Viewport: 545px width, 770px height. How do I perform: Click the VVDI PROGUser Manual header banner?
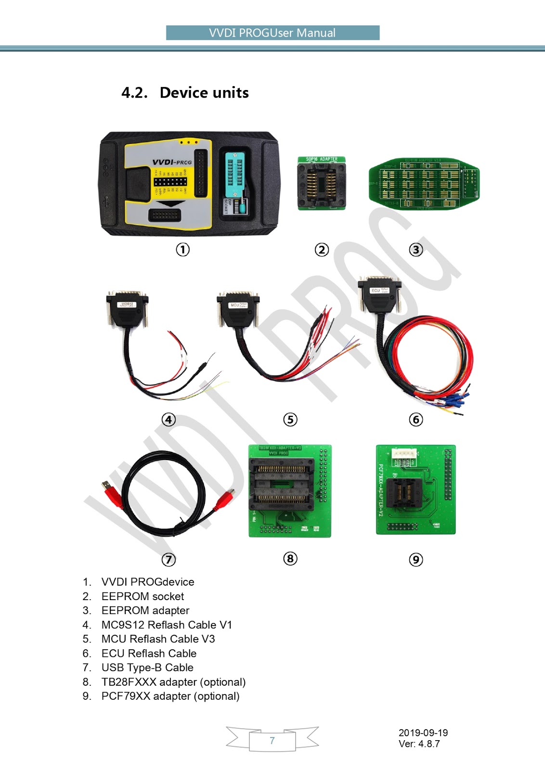point(272,33)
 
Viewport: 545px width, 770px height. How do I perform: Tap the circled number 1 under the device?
point(182,249)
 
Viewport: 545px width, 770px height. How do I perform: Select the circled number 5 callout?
point(290,419)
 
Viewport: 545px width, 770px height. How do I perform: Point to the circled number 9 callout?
point(416,559)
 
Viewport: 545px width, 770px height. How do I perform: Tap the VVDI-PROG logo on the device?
point(172,162)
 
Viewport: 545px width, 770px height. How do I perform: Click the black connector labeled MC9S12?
point(127,308)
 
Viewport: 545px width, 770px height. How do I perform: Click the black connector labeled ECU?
point(379,295)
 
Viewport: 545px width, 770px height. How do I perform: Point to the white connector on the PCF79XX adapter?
point(403,454)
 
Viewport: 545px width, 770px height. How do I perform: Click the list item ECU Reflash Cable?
point(149,653)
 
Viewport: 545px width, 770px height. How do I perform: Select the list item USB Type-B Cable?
point(147,667)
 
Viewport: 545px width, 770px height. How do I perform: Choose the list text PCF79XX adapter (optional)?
point(170,696)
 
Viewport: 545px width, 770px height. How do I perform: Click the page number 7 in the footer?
point(272,741)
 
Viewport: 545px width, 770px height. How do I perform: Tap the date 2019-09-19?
point(423,732)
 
